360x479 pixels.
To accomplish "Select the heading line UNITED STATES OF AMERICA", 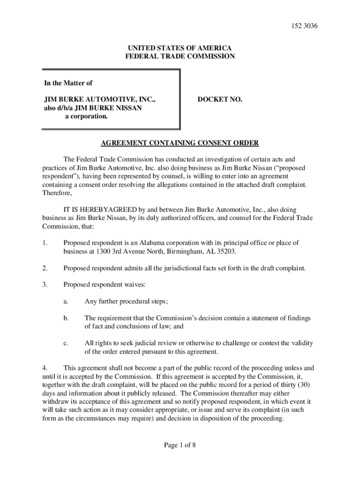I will click(x=180, y=48).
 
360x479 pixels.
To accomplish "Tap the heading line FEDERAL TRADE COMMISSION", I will click(x=180, y=57).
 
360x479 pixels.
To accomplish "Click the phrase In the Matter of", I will click(x=68, y=83).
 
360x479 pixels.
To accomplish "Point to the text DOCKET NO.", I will click(x=220, y=100).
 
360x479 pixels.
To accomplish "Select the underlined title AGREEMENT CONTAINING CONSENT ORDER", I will click(x=180, y=143).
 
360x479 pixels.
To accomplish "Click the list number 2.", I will click(x=45, y=269).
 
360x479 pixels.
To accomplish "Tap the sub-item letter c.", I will click(x=66, y=343).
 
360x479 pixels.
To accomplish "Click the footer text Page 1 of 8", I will click(x=180, y=445).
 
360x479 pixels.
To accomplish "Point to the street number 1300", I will click(x=105, y=252).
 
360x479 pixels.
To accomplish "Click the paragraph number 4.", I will click(x=44, y=368).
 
